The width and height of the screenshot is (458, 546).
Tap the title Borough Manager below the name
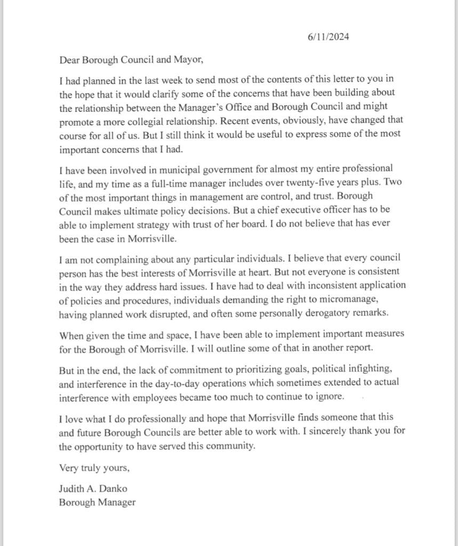97,502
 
